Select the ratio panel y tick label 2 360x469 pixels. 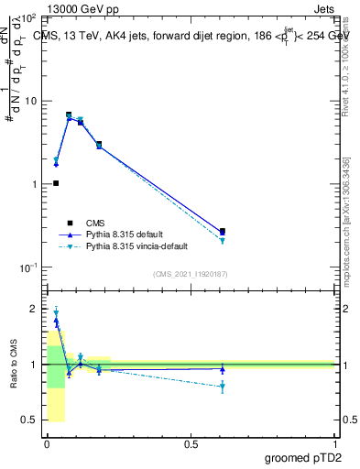[x=34, y=310]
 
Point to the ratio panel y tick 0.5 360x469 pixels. [x=29, y=420]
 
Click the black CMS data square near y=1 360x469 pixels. [x=56, y=183]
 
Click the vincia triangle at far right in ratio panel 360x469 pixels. [x=222, y=387]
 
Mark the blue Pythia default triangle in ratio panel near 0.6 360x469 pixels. [x=222, y=369]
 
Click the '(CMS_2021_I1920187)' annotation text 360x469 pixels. [x=191, y=274]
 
